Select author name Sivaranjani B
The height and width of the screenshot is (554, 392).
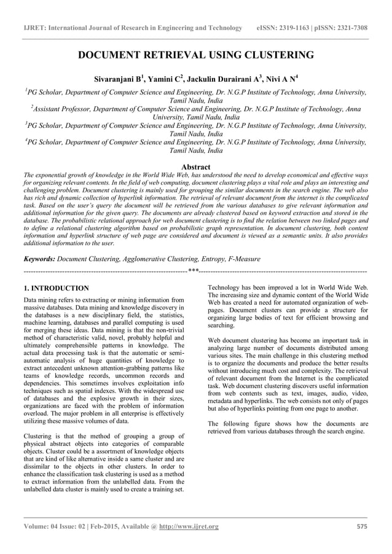119,79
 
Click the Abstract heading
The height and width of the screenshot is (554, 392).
196,167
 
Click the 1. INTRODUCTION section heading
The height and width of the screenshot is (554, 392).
56,288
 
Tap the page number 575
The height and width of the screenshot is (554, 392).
362,526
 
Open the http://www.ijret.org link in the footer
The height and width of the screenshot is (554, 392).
189,526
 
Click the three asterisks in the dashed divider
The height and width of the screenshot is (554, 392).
194,271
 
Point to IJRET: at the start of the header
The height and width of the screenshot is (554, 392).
34,28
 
